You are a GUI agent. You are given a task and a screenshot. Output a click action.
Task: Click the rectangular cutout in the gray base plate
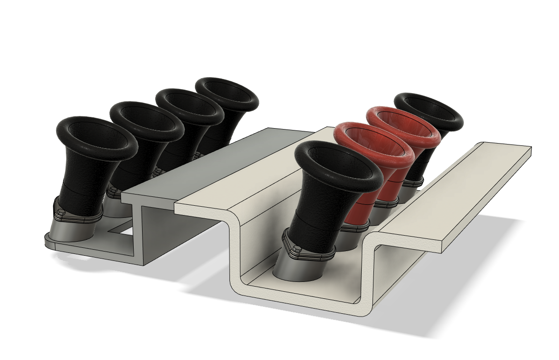[x=120, y=228]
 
